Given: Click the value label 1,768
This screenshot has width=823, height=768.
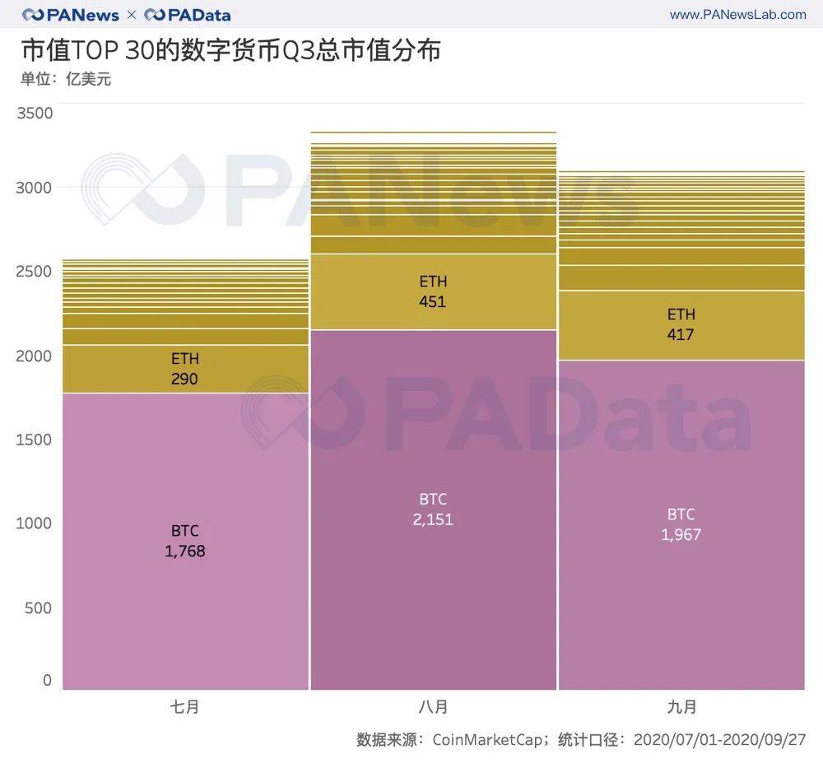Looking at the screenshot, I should pyautogui.click(x=185, y=551).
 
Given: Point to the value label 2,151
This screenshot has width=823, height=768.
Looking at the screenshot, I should pyautogui.click(x=433, y=519).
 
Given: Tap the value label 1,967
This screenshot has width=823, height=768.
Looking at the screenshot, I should pyautogui.click(x=681, y=535).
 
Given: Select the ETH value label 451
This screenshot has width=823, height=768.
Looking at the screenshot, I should pyautogui.click(x=432, y=301).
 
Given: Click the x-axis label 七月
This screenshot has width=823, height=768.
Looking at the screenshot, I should pyautogui.click(x=185, y=706).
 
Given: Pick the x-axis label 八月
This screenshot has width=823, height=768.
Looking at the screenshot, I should pyautogui.click(x=433, y=706).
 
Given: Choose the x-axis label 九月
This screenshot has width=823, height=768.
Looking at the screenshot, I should pyautogui.click(x=681, y=706).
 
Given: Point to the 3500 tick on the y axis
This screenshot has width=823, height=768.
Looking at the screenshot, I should pyautogui.click(x=35, y=113).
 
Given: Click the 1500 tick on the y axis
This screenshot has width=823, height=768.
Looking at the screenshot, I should pyautogui.click(x=35, y=439).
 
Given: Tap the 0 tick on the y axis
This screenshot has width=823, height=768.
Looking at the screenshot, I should pyautogui.click(x=47, y=681).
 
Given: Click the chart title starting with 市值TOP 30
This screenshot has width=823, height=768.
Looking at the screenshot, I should pyautogui.click(x=230, y=50).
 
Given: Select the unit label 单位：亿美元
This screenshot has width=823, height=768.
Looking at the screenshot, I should pyautogui.click(x=66, y=80).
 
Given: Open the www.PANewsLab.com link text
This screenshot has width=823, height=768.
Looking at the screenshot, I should pyautogui.click(x=737, y=14).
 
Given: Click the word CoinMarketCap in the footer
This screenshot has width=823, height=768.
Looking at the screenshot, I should pyautogui.click(x=486, y=739).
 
